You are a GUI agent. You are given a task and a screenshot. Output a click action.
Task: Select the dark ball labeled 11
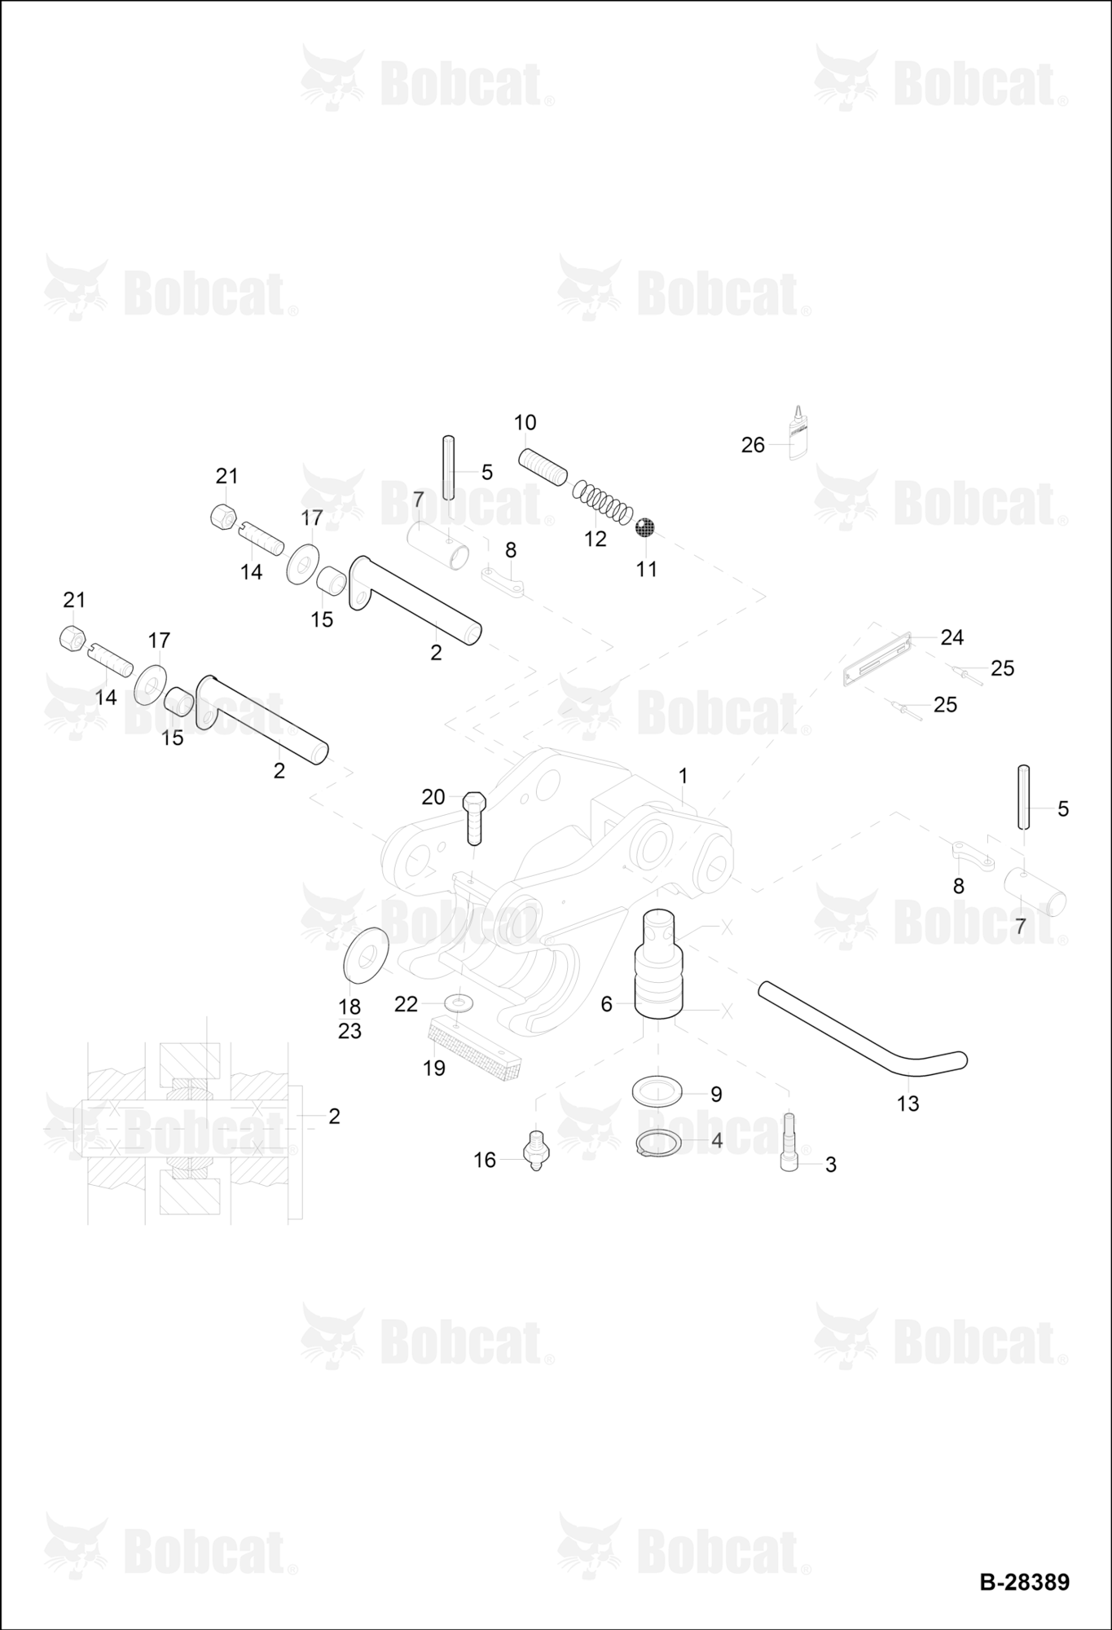645,527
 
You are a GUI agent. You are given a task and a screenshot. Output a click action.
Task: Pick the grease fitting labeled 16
535,1150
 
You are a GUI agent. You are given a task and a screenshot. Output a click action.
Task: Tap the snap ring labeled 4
658,1143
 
